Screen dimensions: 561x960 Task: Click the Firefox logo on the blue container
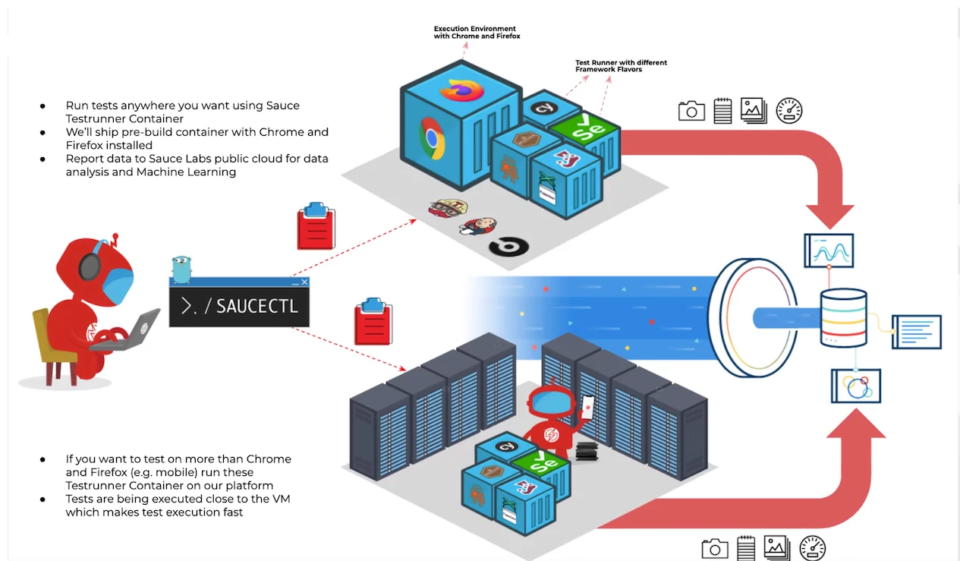pos(461,88)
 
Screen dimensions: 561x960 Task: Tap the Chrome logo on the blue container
pos(432,139)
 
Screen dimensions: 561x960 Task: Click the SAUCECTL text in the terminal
pos(257,307)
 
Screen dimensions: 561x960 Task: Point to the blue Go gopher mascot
pos(180,268)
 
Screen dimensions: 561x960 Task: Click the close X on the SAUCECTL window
pos(304,282)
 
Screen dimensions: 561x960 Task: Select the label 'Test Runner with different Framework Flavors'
pos(621,66)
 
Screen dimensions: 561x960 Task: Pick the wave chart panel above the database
pos(829,251)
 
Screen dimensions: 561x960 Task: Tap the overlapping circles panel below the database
pos(856,386)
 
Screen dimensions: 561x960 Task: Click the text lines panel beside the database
pos(918,332)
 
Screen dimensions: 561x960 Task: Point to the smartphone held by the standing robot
pos(588,408)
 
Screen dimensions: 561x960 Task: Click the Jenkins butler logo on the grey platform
pos(476,225)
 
